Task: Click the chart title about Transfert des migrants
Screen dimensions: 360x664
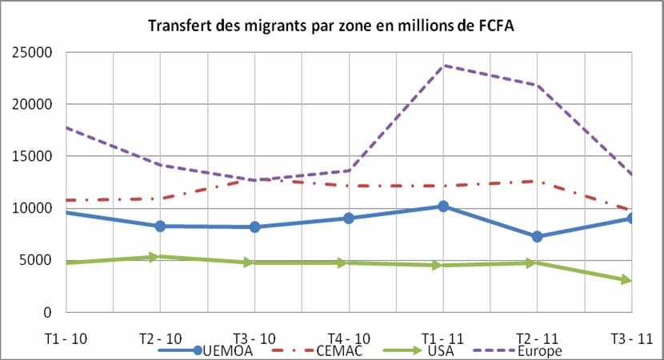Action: point(331,26)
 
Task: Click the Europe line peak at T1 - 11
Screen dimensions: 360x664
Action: point(443,66)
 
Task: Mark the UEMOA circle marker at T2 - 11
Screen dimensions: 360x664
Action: point(538,237)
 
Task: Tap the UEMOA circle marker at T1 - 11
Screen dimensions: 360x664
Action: point(443,206)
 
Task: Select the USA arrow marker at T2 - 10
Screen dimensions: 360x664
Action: point(161,257)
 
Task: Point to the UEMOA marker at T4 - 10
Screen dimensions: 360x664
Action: point(349,218)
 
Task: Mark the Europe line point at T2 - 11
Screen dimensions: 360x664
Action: point(538,85)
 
